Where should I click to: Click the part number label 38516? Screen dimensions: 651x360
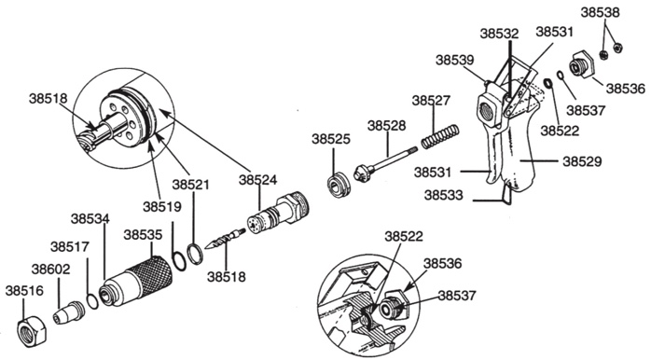pyautogui.click(x=24, y=291)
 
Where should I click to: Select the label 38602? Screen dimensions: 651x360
pyautogui.click(x=51, y=270)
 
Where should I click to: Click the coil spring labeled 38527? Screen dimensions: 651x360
pyautogui.click(x=440, y=136)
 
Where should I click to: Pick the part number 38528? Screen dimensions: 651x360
pyautogui.click(x=386, y=125)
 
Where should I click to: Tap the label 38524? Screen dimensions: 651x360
pyautogui.click(x=257, y=180)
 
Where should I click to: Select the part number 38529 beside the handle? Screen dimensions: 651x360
pyautogui.click(x=582, y=161)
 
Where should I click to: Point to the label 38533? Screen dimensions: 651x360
pyautogui.click(x=443, y=195)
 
